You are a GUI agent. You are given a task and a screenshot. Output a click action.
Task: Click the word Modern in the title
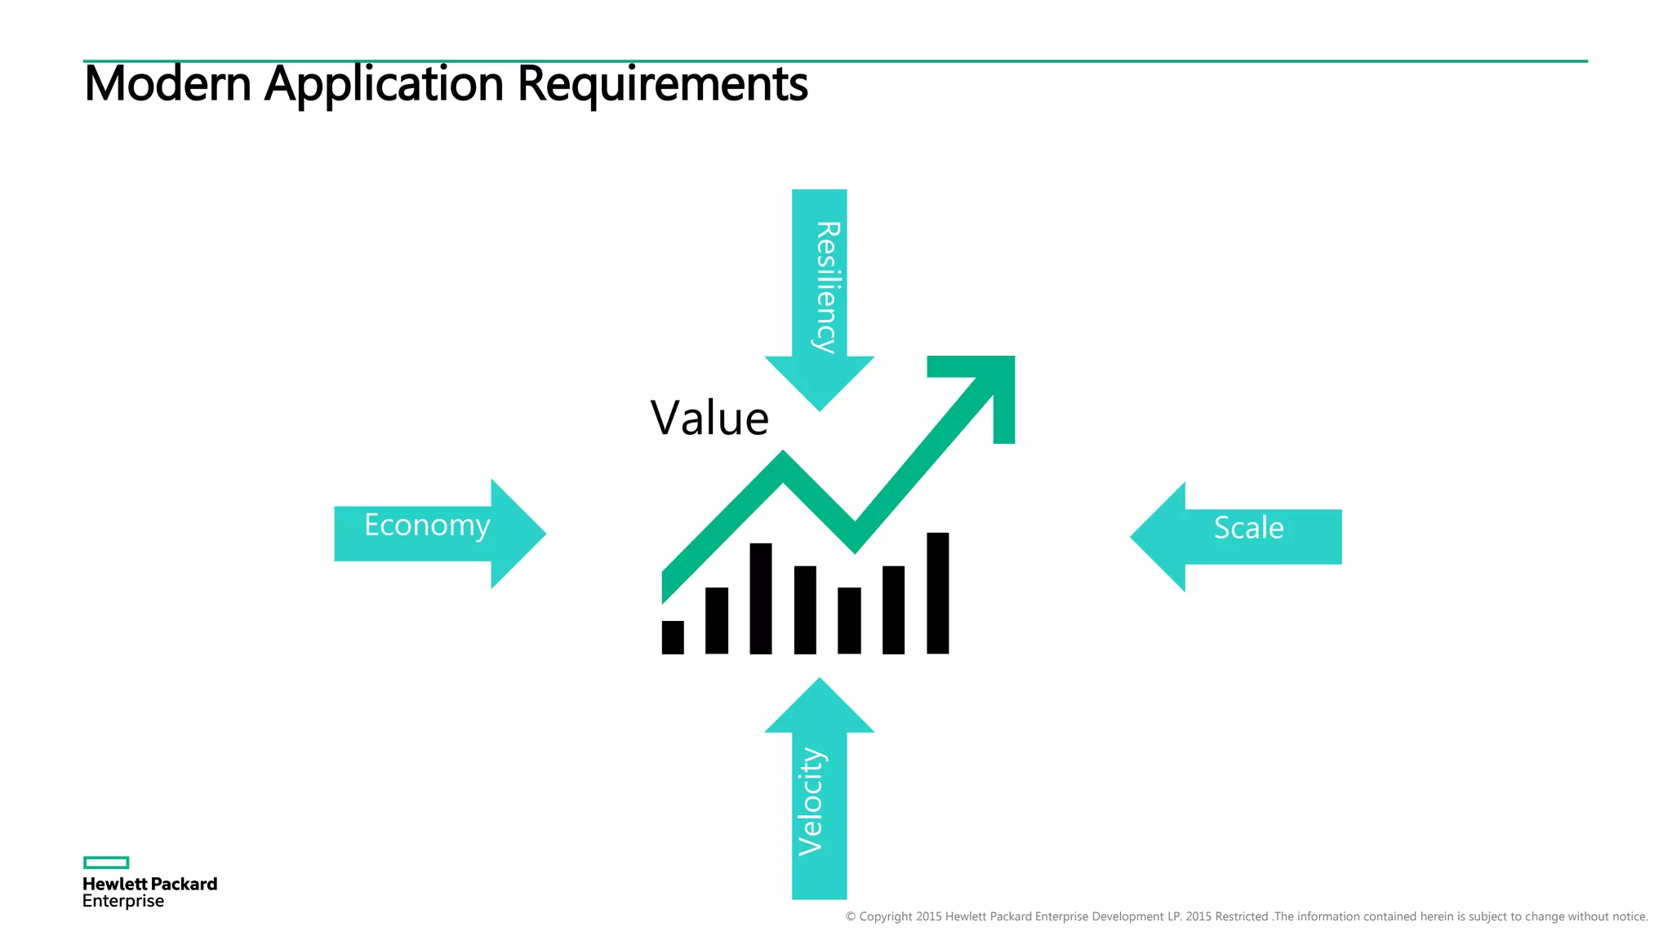(167, 84)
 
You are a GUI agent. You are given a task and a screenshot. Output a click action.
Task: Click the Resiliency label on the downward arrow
(827, 286)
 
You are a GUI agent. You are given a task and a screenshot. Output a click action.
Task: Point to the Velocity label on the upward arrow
(811, 801)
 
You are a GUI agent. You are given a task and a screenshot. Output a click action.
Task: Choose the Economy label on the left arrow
(427, 525)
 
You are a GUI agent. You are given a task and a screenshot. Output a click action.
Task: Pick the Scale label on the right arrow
(1248, 528)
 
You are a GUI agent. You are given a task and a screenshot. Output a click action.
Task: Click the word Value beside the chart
(709, 419)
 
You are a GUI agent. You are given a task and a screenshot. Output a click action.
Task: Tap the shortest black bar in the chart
(673, 637)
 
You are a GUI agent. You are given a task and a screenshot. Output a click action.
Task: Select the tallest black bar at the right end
(937, 593)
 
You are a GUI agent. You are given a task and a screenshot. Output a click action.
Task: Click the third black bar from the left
(761, 598)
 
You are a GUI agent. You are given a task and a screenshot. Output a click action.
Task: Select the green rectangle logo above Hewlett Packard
(106, 862)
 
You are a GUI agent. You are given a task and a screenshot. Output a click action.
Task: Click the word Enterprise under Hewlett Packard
(123, 902)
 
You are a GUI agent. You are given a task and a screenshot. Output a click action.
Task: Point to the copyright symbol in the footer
(851, 917)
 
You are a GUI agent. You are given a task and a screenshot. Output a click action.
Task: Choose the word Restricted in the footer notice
(1241, 917)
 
